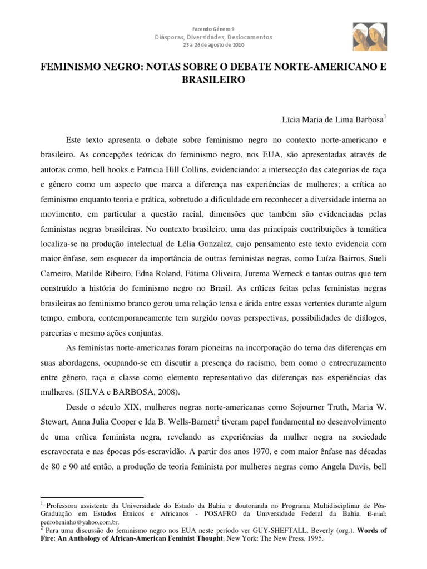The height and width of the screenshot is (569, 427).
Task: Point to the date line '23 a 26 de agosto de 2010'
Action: [213, 45]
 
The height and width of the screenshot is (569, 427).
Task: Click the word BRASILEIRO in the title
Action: [213, 79]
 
